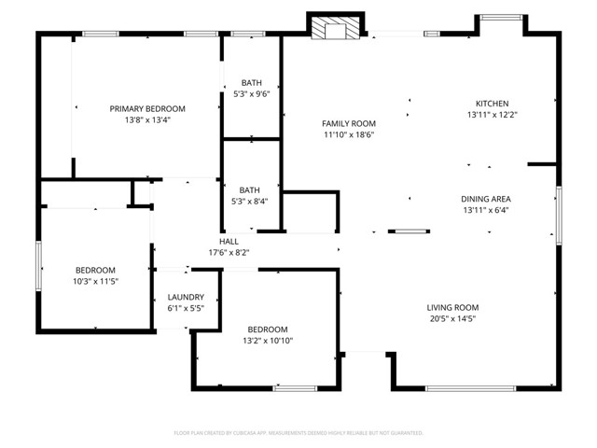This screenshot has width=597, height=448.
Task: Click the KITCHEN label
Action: (x=492, y=104)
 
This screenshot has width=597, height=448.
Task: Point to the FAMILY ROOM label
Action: (x=348, y=123)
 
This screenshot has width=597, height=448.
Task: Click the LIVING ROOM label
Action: (x=452, y=308)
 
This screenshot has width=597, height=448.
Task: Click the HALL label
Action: (x=229, y=241)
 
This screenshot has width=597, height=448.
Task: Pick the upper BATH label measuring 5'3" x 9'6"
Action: (x=250, y=83)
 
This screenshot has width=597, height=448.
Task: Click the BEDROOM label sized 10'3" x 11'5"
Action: (x=95, y=270)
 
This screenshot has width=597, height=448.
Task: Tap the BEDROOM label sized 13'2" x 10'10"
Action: (x=268, y=329)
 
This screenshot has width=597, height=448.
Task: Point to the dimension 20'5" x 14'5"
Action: (x=452, y=319)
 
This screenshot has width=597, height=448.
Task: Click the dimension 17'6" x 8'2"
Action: (x=229, y=252)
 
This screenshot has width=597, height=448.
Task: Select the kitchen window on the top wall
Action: (x=501, y=17)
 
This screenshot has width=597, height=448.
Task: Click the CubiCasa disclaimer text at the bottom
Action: (x=298, y=433)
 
